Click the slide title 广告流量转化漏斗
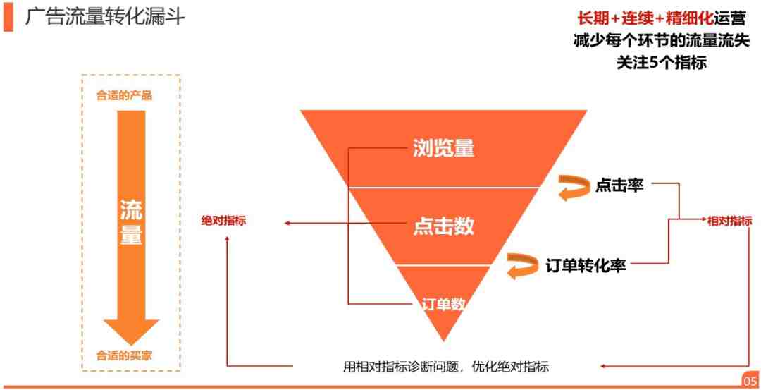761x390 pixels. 105,18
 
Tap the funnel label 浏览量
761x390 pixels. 443,149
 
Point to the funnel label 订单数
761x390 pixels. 444,304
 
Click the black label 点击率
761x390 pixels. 619,185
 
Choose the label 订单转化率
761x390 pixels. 585,264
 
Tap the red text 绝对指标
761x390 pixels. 224,221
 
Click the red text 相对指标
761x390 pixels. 729,221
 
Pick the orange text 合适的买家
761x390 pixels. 124,355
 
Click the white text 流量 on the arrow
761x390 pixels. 131,221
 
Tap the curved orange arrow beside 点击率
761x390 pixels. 575,187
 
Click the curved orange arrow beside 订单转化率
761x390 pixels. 524,266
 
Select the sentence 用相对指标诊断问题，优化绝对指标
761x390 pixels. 445,366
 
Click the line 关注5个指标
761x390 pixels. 662,63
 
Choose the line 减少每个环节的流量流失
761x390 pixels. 662,41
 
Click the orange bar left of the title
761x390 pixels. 8,18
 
